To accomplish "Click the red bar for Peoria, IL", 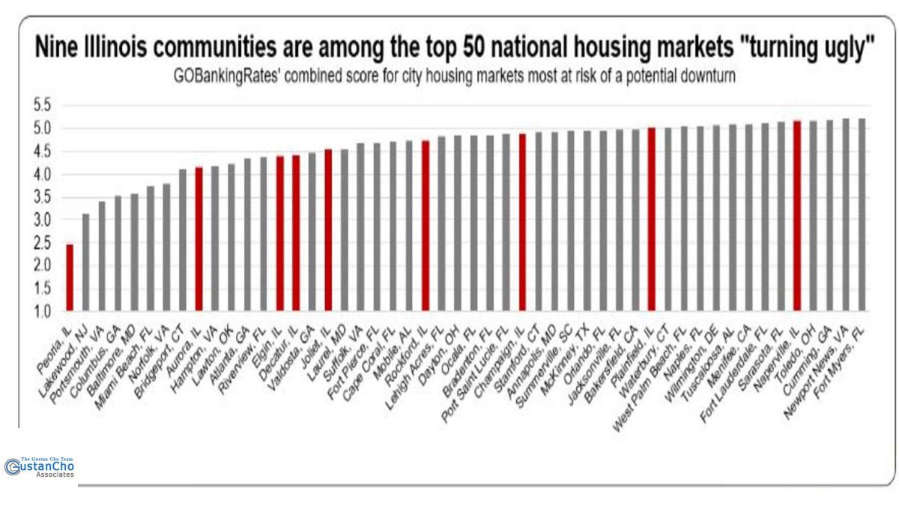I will (70, 277).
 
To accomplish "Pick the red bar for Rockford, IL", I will (426, 225).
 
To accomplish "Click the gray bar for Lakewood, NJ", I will (86, 262).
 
